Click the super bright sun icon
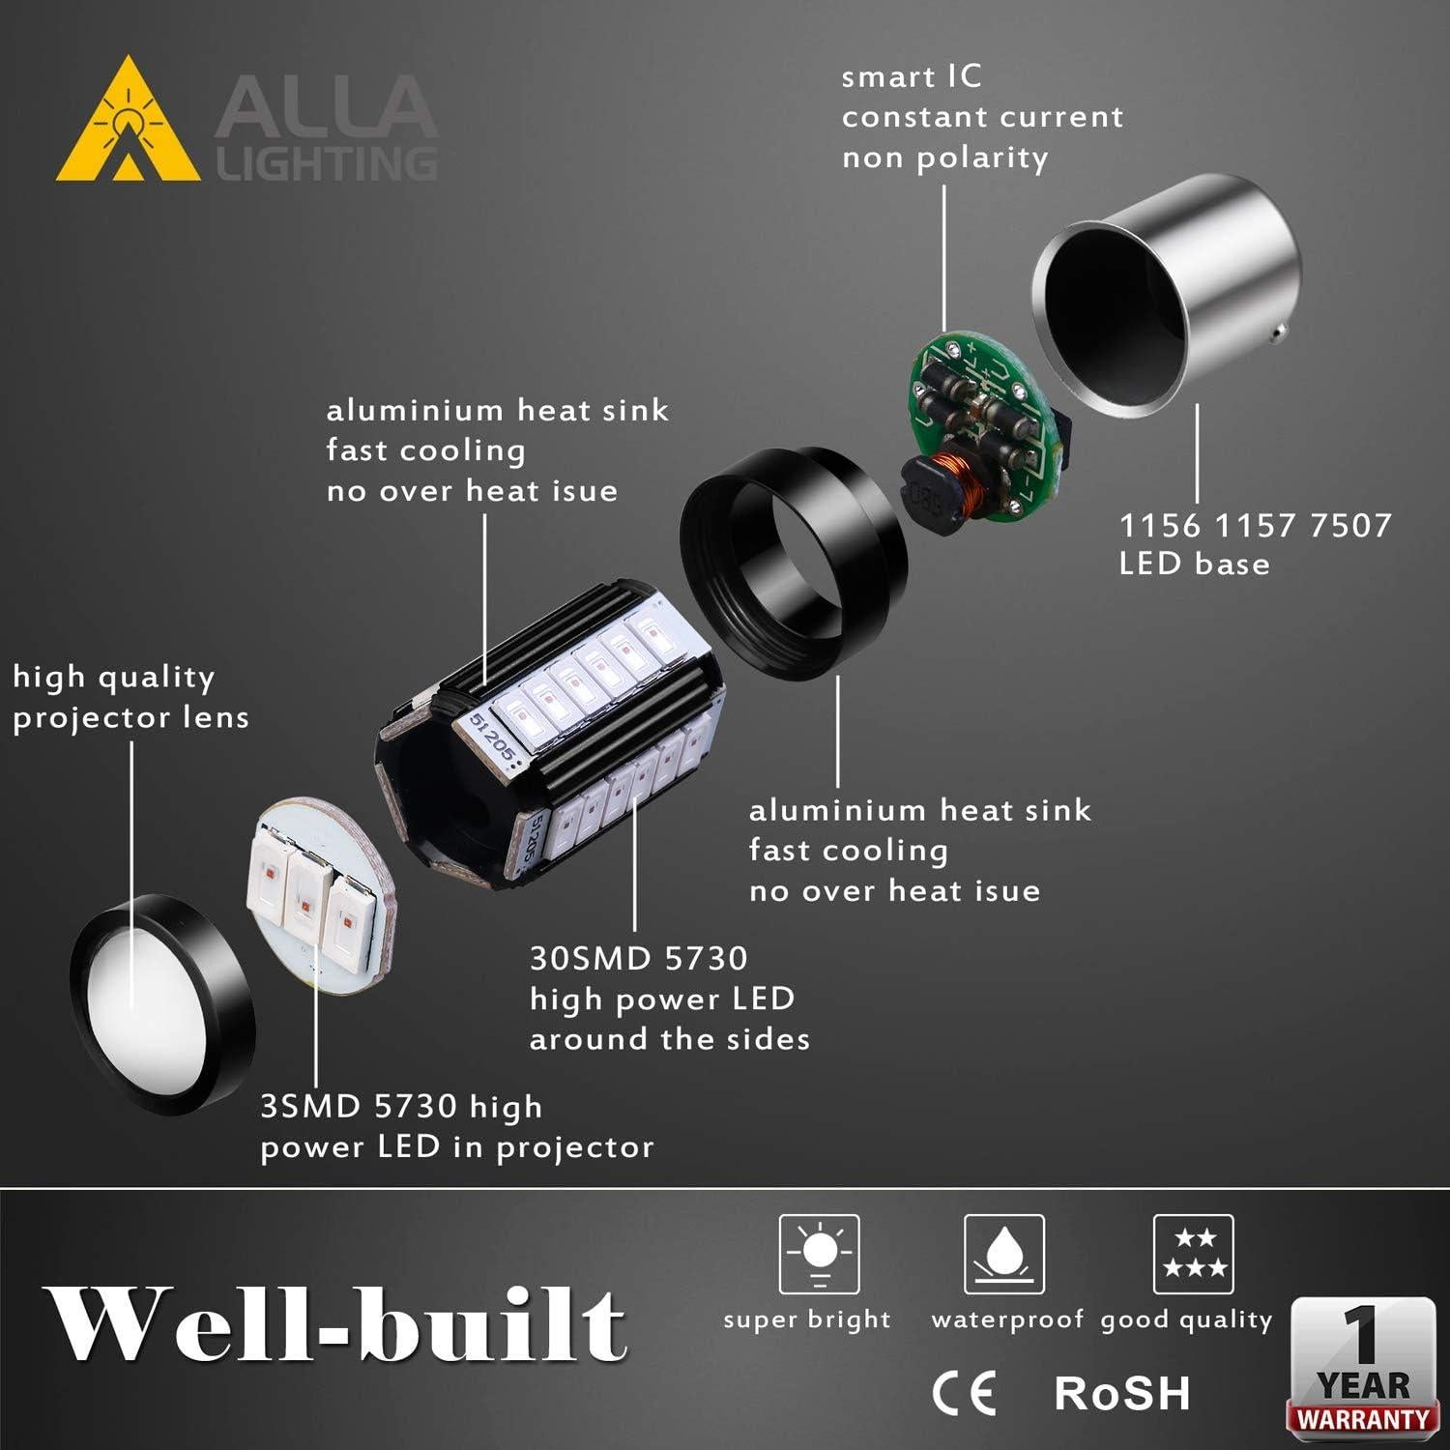pyautogui.click(x=820, y=1254)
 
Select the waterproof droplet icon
pyautogui.click(x=1004, y=1254)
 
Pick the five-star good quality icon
pyautogui.click(x=1194, y=1254)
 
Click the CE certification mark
pyautogui.click(x=964, y=1393)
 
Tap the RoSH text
pyautogui.click(x=1121, y=1393)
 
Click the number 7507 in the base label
pyautogui.click(x=1350, y=525)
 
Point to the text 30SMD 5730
pyautogui.click(x=639, y=958)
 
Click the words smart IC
pyautogui.click(x=911, y=76)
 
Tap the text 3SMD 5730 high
pyautogui.click(x=401, y=1106)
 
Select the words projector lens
pyautogui.click(x=131, y=717)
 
